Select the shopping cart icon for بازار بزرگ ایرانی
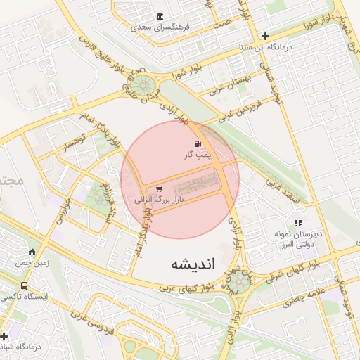[160, 189]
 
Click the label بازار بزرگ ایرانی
[163, 200]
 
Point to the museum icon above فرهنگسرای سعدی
[160, 16]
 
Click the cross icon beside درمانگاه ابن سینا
[265, 36]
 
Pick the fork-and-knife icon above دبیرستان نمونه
[297, 223]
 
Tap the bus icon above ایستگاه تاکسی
[25, 286]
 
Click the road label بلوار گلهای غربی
[186, 288]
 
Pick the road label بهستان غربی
[230, 88]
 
